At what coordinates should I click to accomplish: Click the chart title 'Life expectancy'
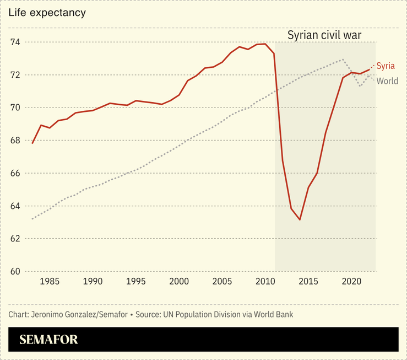[47, 13]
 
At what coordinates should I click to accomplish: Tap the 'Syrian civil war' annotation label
[324, 35]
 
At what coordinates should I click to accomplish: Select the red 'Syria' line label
[385, 66]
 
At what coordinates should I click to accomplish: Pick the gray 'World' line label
[387, 81]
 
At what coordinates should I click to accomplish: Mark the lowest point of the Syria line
[300, 220]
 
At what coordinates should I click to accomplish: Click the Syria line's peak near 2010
[265, 44]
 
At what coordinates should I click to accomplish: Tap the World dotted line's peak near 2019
[343, 59]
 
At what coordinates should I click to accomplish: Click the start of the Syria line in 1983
[32, 143]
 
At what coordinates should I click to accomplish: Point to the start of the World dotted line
[32, 219]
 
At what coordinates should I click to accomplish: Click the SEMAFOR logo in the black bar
[48, 340]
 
